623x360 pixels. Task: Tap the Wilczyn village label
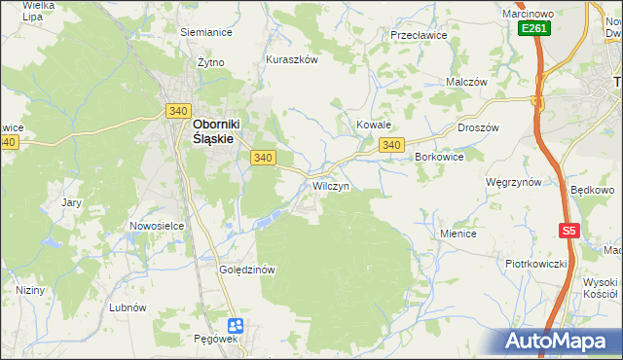[x=330, y=185]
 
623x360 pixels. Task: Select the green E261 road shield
[x=533, y=29]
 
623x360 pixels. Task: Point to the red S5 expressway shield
[x=569, y=231]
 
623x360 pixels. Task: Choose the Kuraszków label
[x=292, y=59]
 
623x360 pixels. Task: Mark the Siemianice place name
[x=206, y=31]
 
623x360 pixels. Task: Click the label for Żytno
[x=209, y=61]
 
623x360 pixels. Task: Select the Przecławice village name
[x=418, y=34]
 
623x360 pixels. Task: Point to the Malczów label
[x=465, y=83]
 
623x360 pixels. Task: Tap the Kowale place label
[x=373, y=125]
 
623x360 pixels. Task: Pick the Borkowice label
[x=438, y=156]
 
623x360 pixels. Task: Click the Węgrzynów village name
[x=513, y=182]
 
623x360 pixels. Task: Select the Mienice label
[x=458, y=234]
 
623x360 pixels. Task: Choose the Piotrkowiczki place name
[x=535, y=264]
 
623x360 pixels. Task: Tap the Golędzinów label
[x=250, y=270]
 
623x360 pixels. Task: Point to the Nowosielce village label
[x=158, y=226]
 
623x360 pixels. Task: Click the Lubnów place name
[x=128, y=306]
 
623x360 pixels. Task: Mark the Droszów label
[x=478, y=127]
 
